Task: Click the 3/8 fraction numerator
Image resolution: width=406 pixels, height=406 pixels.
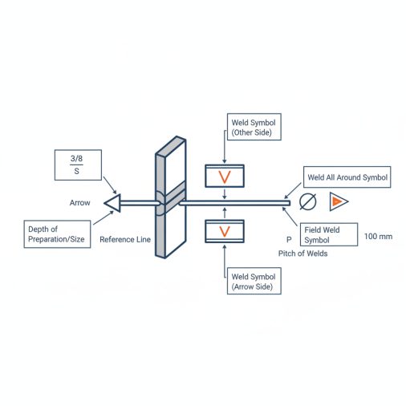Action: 76,158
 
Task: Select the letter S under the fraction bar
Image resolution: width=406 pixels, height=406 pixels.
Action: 76,171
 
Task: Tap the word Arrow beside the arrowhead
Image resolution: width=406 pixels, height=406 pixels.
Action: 79,203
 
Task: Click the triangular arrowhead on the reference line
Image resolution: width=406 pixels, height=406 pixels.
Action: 113,203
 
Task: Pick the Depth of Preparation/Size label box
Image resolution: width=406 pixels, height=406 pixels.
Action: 57,234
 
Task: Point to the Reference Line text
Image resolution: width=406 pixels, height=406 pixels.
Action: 125,239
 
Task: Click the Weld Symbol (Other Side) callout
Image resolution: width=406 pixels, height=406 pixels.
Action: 254,127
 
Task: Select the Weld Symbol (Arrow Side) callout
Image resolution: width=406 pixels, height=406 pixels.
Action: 254,281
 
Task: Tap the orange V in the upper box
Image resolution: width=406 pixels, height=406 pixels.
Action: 225,177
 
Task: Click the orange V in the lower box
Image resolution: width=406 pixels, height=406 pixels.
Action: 225,232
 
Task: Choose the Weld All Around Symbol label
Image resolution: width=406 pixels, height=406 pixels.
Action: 347,177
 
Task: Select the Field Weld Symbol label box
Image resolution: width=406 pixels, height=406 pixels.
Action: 329,234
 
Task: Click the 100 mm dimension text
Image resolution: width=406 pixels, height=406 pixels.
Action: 378,237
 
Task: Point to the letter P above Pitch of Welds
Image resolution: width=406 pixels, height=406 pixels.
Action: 289,240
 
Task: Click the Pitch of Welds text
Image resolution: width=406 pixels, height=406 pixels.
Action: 302,254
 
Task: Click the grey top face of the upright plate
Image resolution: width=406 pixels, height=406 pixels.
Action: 171,145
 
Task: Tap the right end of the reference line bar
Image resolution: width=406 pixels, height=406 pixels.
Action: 290,203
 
